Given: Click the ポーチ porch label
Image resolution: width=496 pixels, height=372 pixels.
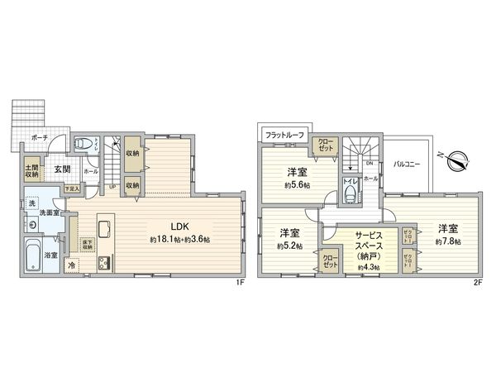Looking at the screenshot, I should coord(39,138).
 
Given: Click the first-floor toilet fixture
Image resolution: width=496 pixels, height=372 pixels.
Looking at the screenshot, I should coord(81,144).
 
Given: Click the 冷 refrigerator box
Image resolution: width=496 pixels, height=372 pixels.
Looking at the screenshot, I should coord(72,266).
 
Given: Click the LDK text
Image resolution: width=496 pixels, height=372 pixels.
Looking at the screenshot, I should coord(181,224).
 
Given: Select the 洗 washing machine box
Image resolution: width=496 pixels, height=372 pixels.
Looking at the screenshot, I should coord(31,203).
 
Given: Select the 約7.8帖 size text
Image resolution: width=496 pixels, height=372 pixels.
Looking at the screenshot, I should coord(447,241).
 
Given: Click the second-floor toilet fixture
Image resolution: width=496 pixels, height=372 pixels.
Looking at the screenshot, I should coord(351,195).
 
